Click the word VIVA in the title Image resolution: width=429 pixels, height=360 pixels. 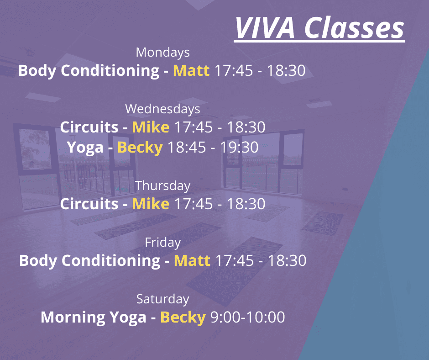pyautogui.click(x=265, y=28)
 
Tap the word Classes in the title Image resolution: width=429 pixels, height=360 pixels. pyautogui.click(x=354, y=28)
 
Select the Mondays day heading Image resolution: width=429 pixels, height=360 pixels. pyautogui.click(x=163, y=53)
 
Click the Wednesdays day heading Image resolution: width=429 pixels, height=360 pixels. pyautogui.click(x=162, y=109)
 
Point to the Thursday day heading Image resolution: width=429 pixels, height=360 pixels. pyautogui.click(x=163, y=186)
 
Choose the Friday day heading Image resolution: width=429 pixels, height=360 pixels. pyautogui.click(x=163, y=243)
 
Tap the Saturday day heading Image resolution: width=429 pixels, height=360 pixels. pyautogui.click(x=163, y=299)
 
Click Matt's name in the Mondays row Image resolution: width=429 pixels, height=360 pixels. pyautogui.click(x=191, y=70)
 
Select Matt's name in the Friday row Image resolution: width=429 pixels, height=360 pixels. pyautogui.click(x=192, y=260)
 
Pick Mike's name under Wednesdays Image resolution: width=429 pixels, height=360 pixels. pyautogui.click(x=151, y=127)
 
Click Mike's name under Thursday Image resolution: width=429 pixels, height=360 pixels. pyautogui.click(x=151, y=204)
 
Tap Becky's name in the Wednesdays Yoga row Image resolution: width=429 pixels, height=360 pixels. pyautogui.click(x=140, y=148)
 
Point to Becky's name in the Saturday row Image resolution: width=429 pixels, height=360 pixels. pyautogui.click(x=183, y=318)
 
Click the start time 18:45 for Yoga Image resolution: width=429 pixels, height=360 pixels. pyautogui.click(x=187, y=148)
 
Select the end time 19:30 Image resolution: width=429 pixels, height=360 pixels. pyautogui.click(x=240, y=148)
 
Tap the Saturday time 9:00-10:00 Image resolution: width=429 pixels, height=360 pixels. pyautogui.click(x=248, y=317)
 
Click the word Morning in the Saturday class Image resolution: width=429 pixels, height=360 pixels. pyautogui.click(x=73, y=318)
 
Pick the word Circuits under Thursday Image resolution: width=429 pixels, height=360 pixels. pyautogui.click(x=89, y=204)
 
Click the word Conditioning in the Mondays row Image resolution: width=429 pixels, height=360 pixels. pyautogui.click(x=110, y=71)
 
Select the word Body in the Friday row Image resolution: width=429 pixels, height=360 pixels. pyautogui.click(x=38, y=261)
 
